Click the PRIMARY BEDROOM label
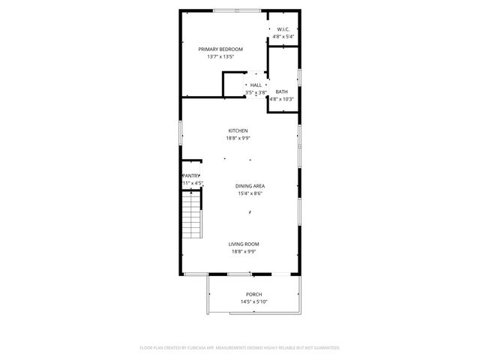tap(220, 49)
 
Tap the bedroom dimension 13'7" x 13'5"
tap(220, 56)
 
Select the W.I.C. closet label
tap(283, 29)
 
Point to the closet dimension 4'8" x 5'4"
tap(283, 36)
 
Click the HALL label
tap(256, 85)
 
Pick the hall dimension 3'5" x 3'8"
tap(256, 92)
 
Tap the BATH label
tap(281, 91)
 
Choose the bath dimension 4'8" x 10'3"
tap(281, 98)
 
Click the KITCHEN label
tap(238, 130)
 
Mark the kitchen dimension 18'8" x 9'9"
tap(238, 138)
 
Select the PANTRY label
tap(192, 175)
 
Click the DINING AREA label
tap(250, 186)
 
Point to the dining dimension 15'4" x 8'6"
tap(250, 193)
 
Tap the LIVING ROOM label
tap(244, 244)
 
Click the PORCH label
tap(254, 294)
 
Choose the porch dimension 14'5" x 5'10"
tap(254, 301)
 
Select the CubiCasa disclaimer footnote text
tap(240, 348)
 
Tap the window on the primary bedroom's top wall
tap(237, 10)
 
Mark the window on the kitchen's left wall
tap(180, 135)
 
